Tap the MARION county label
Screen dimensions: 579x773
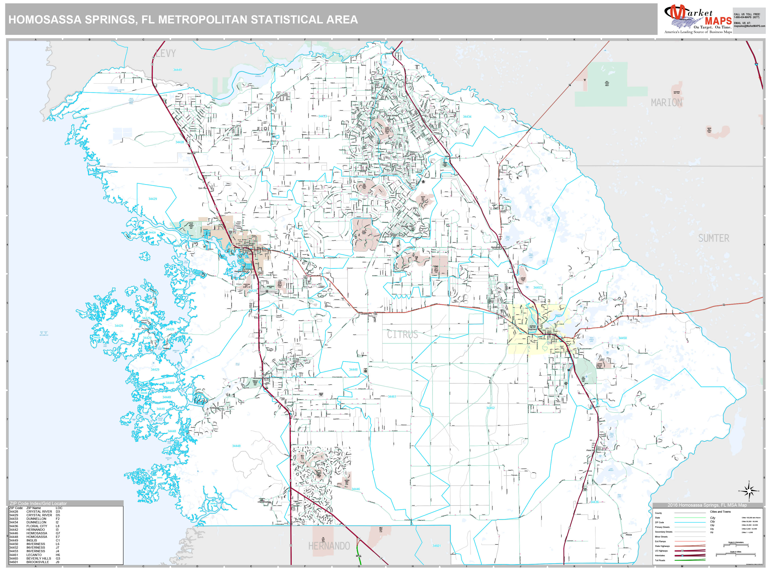666,103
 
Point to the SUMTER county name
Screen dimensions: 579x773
714,238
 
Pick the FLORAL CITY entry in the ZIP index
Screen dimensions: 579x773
37,526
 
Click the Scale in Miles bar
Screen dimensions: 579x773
736,555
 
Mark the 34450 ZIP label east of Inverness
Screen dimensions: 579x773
622,338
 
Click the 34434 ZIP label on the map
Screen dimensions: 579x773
467,117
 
